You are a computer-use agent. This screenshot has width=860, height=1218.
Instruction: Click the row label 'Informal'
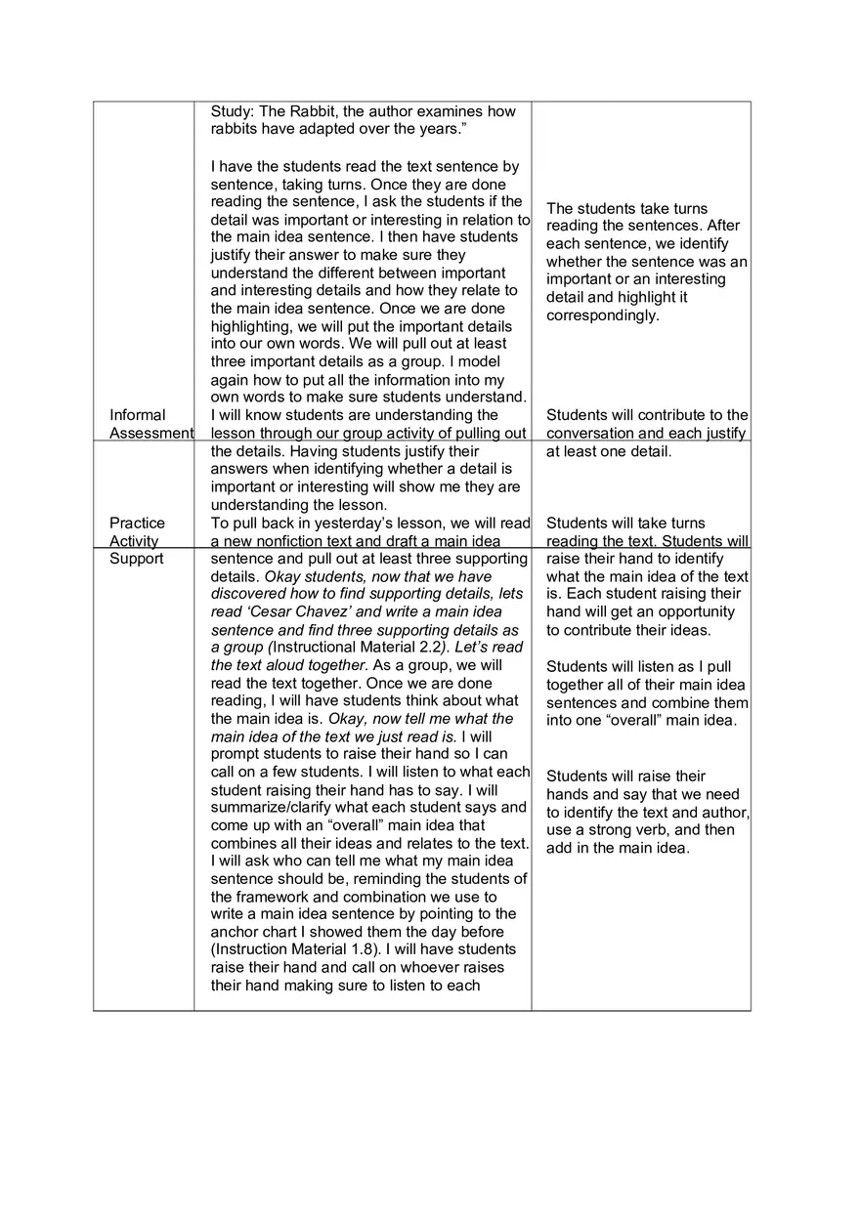tap(138, 415)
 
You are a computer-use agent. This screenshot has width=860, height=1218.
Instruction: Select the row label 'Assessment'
tap(150, 433)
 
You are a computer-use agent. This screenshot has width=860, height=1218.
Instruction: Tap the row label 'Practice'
tap(137, 523)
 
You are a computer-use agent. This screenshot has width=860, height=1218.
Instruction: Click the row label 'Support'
tap(137, 559)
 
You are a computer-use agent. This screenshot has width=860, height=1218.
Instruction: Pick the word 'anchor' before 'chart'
tap(235, 932)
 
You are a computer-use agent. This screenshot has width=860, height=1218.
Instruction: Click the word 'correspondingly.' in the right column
tap(603, 315)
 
